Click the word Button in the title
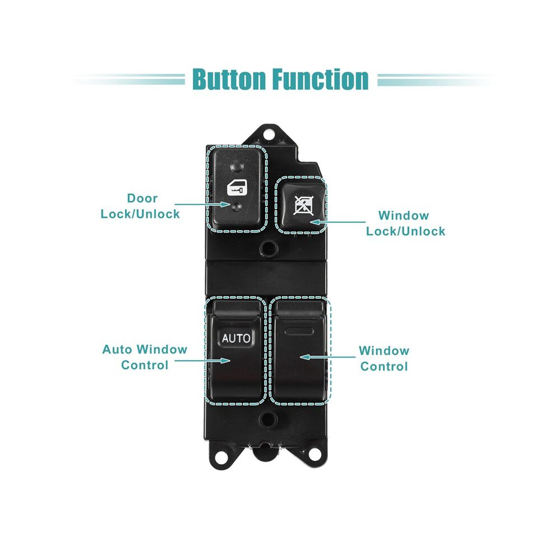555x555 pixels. coord(229,79)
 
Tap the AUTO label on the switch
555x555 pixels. coord(235,338)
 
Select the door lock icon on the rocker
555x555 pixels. coord(237,188)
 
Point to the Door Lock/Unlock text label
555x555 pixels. coord(141,206)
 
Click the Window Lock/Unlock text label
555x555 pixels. coord(406,223)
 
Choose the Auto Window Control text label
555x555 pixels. coord(145,357)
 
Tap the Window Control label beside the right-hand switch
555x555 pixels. coord(384,359)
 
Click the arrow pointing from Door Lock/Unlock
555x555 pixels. coord(202,204)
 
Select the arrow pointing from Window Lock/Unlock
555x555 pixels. coord(337,223)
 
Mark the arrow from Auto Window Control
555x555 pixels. coord(202,360)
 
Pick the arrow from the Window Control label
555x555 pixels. coord(327,357)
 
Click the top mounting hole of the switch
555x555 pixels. coord(269,135)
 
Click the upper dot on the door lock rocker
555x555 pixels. coord(237,165)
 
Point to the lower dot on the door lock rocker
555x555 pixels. coord(237,207)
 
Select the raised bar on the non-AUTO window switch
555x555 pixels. coord(299,331)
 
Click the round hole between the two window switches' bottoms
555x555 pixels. coord(269,419)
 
